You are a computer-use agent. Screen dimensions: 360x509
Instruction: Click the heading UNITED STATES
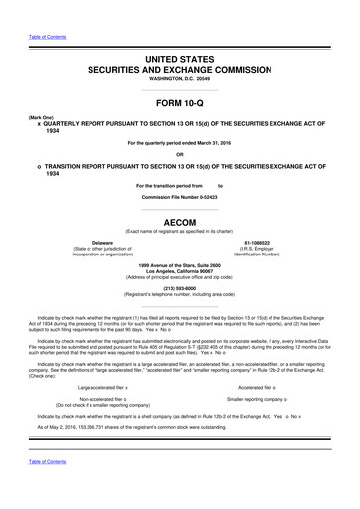click(x=180, y=61)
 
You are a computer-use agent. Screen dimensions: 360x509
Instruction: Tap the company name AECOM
click(x=180, y=223)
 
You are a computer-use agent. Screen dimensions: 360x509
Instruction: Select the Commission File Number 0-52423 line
click(x=180, y=198)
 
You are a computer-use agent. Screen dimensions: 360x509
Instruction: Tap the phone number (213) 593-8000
click(x=180, y=289)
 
